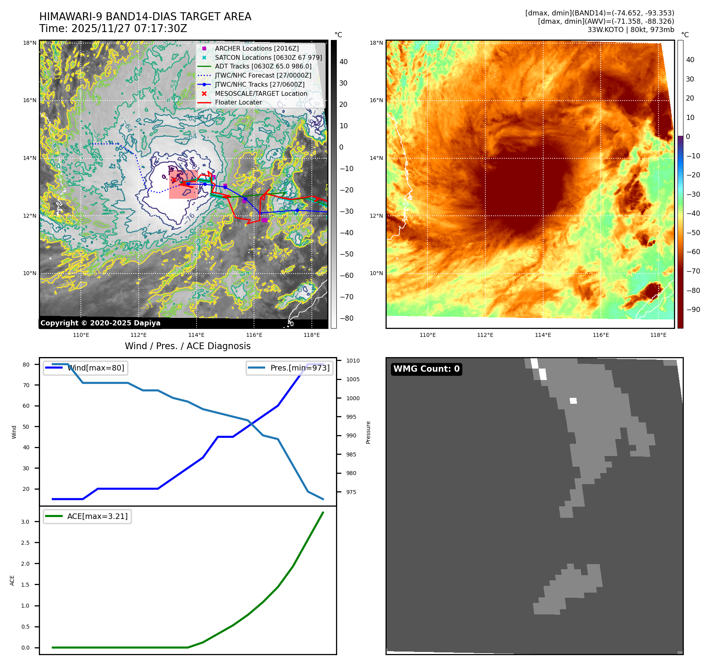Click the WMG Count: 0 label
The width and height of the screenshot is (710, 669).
coord(426,369)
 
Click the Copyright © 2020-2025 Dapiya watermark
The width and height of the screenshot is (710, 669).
coord(100,323)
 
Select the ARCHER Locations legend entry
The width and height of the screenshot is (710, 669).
coord(257,48)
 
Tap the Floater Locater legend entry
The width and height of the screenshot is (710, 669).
coord(238,102)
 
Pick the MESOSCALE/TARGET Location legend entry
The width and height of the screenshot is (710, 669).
coord(261,93)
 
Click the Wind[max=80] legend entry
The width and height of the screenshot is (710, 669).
coord(95,368)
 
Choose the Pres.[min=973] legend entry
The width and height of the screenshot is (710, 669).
coord(300,368)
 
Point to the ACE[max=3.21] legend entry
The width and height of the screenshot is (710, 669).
coord(97,516)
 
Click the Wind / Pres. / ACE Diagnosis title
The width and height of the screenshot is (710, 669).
coord(187,346)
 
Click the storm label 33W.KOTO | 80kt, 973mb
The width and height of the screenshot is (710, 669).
coord(630,30)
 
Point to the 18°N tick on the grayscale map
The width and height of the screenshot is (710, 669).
coord(29,43)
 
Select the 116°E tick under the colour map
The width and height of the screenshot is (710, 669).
coord(601,335)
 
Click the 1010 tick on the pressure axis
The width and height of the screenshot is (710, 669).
coord(353,361)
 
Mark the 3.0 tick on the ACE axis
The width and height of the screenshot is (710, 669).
coord(25,522)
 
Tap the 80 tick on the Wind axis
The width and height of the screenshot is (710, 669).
coord(26,365)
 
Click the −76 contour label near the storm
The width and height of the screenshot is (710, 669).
coord(189,218)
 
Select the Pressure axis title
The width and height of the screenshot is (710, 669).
coord(368,432)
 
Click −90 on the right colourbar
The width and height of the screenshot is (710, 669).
coord(693,310)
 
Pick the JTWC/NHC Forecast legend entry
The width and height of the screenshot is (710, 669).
coord(263,75)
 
